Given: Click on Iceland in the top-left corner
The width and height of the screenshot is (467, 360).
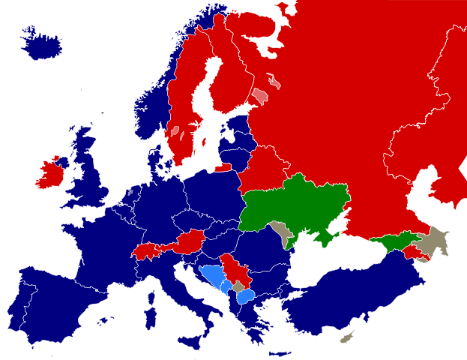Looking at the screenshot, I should pos(40,46).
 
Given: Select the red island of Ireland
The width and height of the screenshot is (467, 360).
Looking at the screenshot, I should pos(51,175).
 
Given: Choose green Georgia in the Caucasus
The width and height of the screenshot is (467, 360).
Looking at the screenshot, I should pos(394,241).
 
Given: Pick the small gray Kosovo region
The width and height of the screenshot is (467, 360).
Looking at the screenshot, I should pos(238,286).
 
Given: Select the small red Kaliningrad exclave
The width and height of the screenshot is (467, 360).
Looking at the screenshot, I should pos(223,168).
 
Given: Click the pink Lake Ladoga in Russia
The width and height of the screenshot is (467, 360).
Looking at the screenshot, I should pos(259,97).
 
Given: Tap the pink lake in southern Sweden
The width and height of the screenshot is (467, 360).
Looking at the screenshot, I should pos(175,132).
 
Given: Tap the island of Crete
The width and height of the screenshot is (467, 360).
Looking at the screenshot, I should pos(280,353).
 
